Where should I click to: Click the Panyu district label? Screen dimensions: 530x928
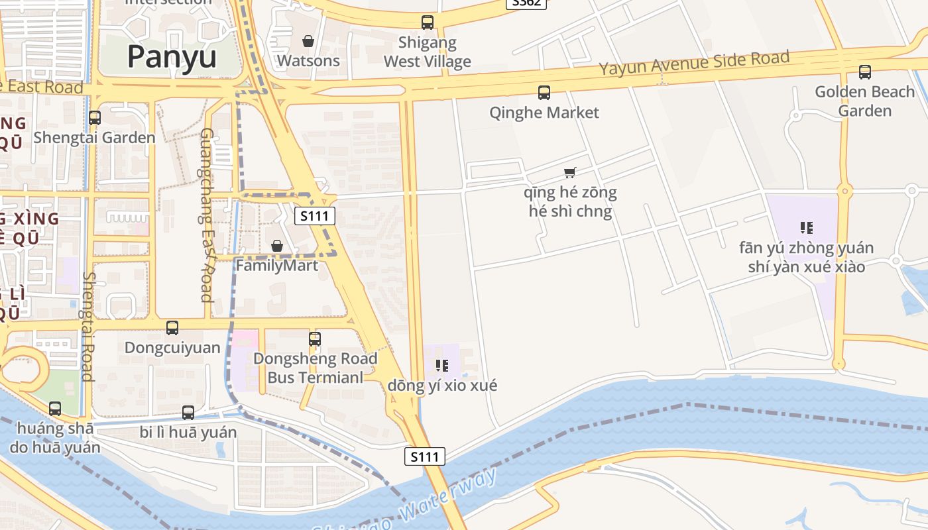pyautogui.click(x=172, y=56)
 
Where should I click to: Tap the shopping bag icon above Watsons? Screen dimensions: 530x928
pyautogui.click(x=308, y=41)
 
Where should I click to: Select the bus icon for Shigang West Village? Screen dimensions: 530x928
pyautogui.click(x=428, y=23)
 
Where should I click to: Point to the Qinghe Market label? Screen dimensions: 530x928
pyautogui.click(x=544, y=113)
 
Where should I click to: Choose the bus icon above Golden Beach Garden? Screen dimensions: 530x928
pyautogui.click(x=865, y=72)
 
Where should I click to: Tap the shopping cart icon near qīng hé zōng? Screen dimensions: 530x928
pyautogui.click(x=570, y=173)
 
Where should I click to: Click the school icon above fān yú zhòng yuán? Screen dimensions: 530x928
pyautogui.click(x=807, y=228)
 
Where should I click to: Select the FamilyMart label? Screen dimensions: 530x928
pyautogui.click(x=277, y=266)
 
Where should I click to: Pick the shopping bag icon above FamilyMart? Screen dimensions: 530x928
pyautogui.click(x=277, y=246)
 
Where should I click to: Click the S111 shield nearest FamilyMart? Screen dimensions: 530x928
pyautogui.click(x=315, y=215)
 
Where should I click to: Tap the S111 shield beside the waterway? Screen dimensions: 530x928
pyautogui.click(x=425, y=456)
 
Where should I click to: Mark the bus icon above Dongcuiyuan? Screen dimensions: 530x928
pyautogui.click(x=172, y=327)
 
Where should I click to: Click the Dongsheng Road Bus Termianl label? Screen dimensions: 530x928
pyautogui.click(x=315, y=368)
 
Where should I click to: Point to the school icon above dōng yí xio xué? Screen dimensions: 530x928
pyautogui.click(x=442, y=365)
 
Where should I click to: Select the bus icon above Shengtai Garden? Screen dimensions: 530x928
pyautogui.click(x=95, y=118)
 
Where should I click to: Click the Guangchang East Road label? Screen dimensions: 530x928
pyautogui.click(x=207, y=215)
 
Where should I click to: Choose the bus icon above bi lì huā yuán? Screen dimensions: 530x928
pyautogui.click(x=188, y=412)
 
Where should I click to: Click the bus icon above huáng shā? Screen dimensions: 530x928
pyautogui.click(x=55, y=409)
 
